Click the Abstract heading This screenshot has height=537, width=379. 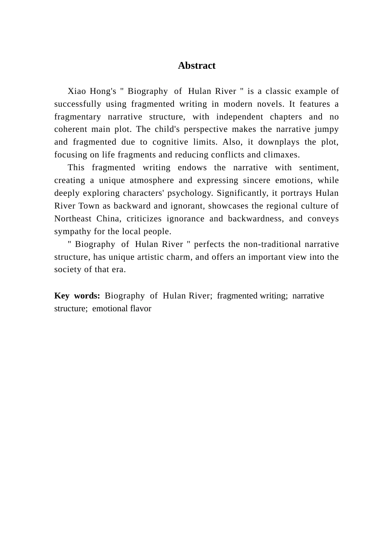coord(197,66)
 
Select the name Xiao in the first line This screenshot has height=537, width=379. coord(77,91)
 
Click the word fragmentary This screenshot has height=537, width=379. coord(77,117)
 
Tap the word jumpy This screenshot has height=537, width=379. coord(327,129)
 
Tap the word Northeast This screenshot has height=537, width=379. coord(73,219)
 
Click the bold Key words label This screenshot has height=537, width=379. coord(77,296)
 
